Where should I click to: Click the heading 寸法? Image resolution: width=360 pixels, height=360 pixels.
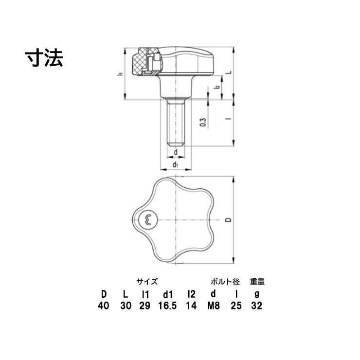44,58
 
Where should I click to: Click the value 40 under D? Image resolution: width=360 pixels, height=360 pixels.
104,306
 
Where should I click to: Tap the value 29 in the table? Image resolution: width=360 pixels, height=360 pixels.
145,306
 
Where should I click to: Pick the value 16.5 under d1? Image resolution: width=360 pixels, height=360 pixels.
168,306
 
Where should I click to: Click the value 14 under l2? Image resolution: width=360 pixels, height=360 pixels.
191,306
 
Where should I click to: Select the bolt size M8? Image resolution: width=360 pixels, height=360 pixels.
213,306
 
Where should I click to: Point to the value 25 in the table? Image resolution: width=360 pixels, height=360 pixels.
236,306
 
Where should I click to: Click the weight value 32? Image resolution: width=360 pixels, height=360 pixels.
257,306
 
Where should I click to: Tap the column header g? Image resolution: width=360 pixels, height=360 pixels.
257,294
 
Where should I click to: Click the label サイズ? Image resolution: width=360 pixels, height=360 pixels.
146,282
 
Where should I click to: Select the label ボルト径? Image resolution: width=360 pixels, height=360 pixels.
225,282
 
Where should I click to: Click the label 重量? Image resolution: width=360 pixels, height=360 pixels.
257,282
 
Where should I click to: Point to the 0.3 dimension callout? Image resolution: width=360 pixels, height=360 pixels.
203,122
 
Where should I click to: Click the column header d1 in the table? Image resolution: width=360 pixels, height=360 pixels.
168,294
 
